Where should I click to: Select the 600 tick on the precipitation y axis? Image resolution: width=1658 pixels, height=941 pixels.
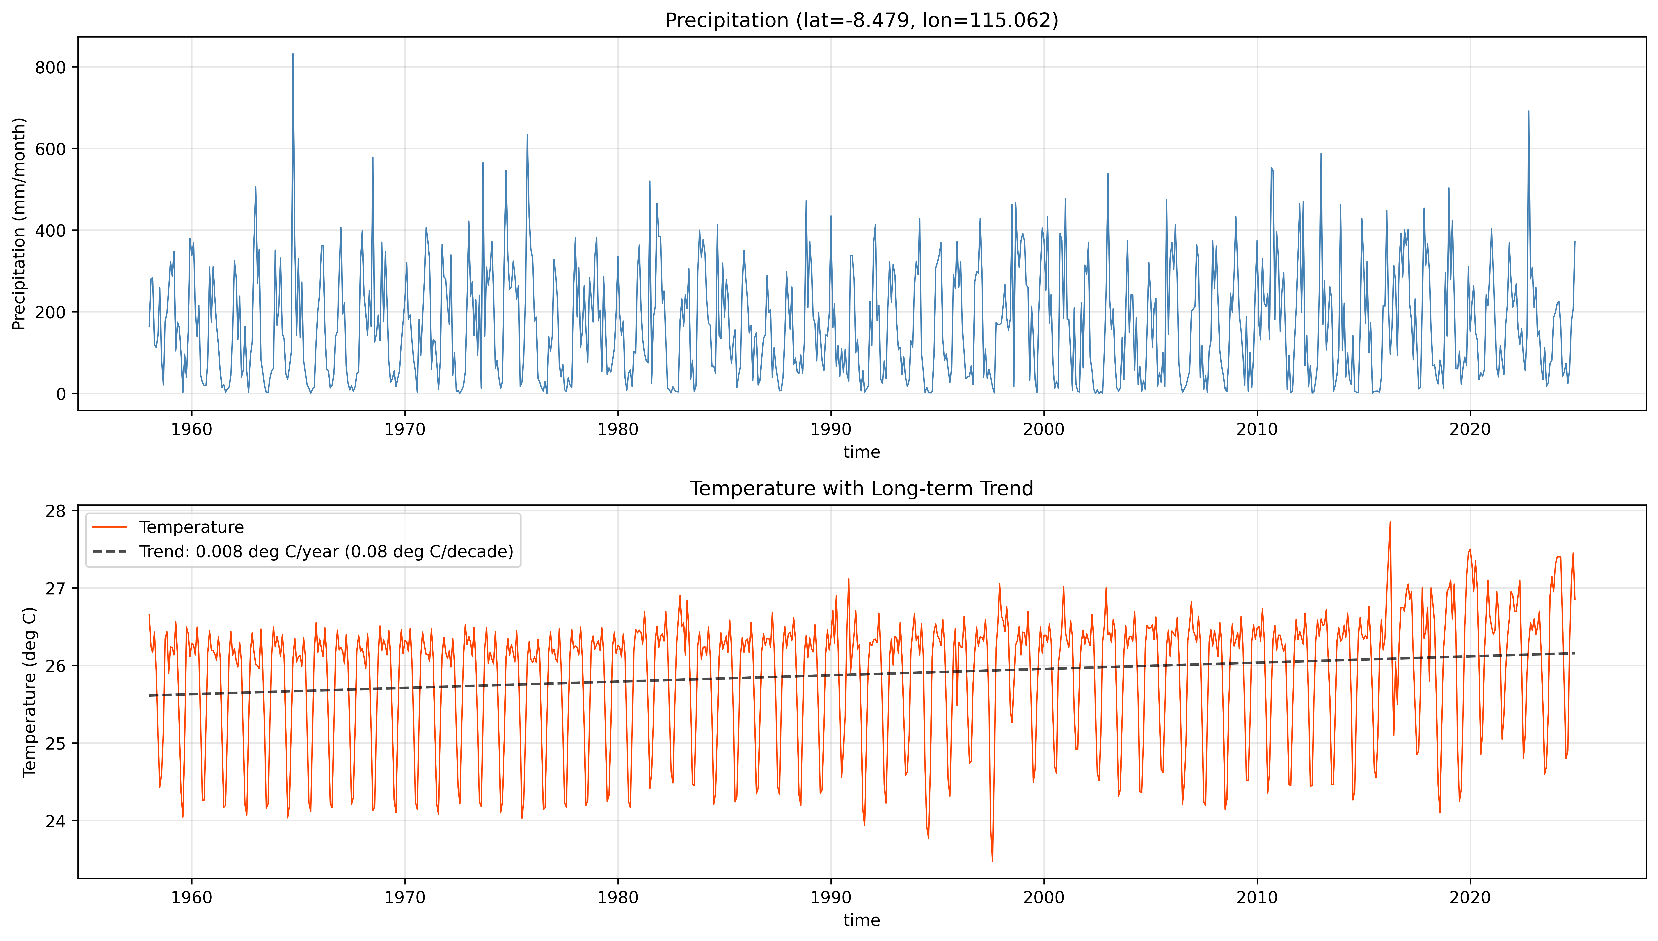tap(50, 149)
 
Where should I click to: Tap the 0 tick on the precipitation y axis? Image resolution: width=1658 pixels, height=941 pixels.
tap(61, 394)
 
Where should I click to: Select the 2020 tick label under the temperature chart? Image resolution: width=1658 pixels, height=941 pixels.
tap(1470, 898)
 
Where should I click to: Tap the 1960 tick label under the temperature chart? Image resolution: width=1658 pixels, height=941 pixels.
tap(191, 898)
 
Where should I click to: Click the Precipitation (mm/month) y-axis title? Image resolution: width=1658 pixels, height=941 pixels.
tap(19, 224)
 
